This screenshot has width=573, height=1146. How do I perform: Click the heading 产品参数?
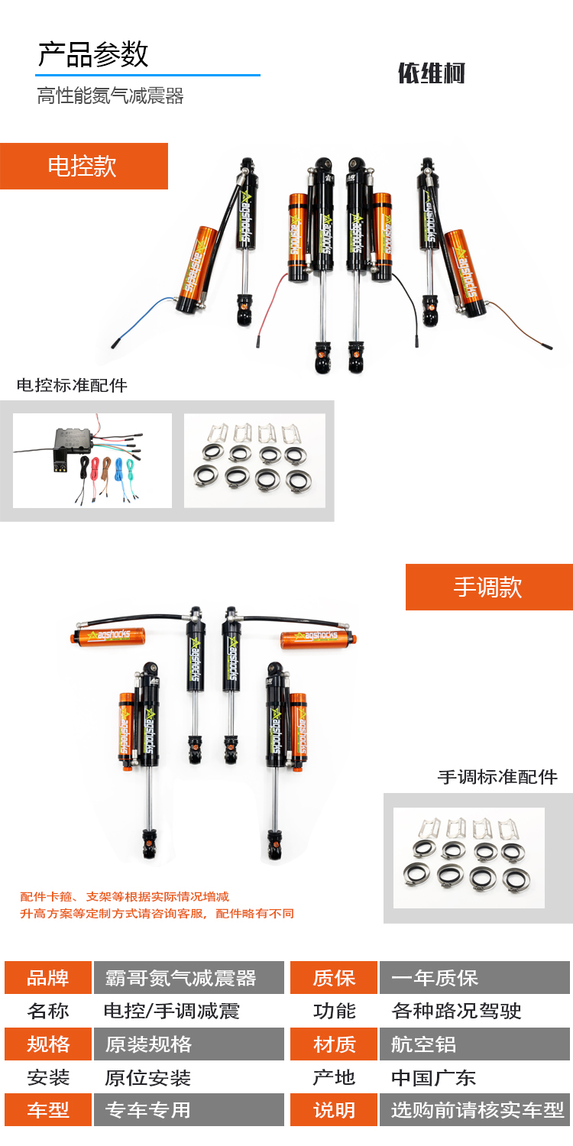(x=93, y=55)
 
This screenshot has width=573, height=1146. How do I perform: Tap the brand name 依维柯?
(x=432, y=73)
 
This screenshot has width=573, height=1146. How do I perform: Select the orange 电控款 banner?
(x=84, y=167)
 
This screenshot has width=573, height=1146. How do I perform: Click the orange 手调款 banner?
(x=489, y=587)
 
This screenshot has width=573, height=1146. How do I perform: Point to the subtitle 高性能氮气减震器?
(x=110, y=95)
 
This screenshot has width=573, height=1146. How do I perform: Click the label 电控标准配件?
(x=72, y=385)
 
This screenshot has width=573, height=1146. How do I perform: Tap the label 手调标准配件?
(x=497, y=777)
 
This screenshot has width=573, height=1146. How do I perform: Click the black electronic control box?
(x=73, y=441)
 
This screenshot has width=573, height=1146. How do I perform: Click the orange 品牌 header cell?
(x=48, y=978)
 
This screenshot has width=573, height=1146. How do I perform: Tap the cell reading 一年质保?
(x=474, y=978)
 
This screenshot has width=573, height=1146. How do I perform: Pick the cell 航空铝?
(x=474, y=1044)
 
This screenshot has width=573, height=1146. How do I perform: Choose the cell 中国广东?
(x=433, y=1077)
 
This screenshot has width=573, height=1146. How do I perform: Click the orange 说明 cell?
(x=334, y=1109)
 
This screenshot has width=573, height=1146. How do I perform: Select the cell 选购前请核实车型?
(x=474, y=1109)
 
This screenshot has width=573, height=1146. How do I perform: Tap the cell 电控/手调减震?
(x=171, y=1011)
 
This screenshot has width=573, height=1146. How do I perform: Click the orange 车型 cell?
(x=48, y=1109)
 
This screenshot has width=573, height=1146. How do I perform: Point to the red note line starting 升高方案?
(x=157, y=913)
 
